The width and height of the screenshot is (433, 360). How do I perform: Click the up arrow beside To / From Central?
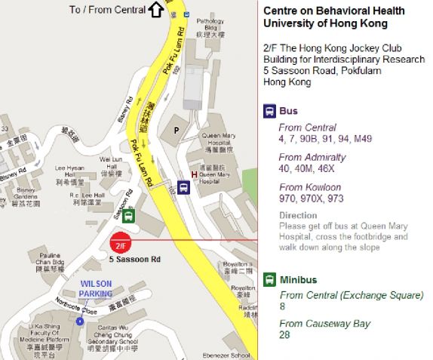(156, 9)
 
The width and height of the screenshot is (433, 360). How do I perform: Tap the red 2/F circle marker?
(120, 244)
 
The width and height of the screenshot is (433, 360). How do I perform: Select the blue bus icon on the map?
(183, 187)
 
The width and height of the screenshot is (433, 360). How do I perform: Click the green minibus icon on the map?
(130, 217)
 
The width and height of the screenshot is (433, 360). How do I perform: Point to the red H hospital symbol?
(195, 175)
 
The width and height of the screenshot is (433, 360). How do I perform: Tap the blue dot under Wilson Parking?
(80, 321)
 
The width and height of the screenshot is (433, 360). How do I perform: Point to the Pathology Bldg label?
(210, 28)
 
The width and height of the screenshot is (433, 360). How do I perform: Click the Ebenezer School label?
(229, 355)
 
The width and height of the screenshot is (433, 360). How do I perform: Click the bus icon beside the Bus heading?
(269, 111)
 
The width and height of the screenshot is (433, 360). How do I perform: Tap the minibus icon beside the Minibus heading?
(269, 280)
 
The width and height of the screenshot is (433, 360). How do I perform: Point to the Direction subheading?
(298, 215)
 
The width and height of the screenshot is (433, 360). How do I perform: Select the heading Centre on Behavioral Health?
(333, 11)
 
